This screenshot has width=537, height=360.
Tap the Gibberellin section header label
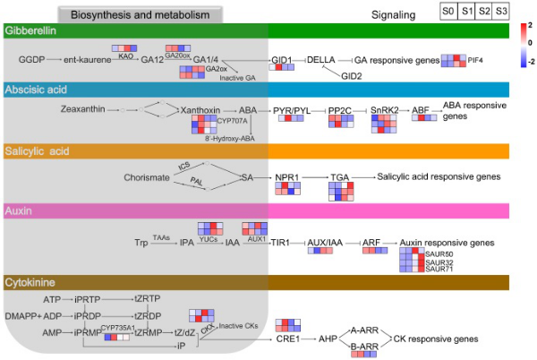(x=29, y=31)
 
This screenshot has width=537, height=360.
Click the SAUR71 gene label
(x=439, y=270)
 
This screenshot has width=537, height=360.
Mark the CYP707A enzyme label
(x=230, y=120)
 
